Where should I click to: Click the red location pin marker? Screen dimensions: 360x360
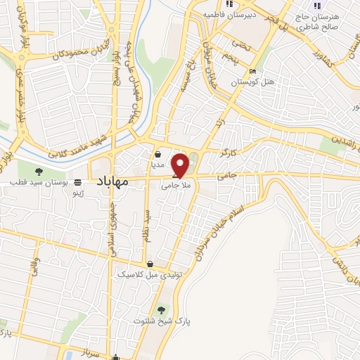(181, 165)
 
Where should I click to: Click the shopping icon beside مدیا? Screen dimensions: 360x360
(157, 153)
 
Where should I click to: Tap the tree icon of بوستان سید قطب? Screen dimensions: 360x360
(39, 172)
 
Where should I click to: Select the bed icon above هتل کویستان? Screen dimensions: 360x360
(252, 71)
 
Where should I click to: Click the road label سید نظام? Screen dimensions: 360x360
(148, 226)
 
